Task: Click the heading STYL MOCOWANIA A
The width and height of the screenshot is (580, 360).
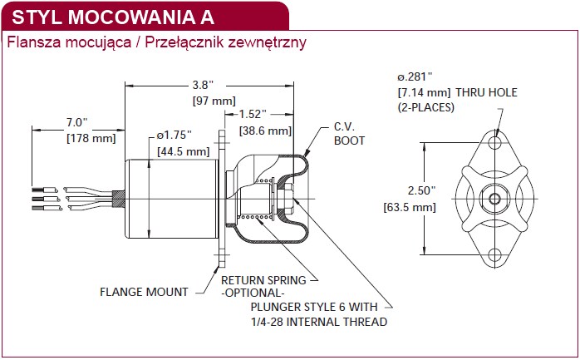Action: point(113,17)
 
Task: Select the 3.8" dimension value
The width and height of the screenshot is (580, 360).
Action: point(203,85)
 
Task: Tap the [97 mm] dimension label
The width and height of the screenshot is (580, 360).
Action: point(214,101)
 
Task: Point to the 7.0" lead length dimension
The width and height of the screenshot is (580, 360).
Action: point(77,122)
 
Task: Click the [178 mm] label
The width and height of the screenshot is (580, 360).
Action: point(91,138)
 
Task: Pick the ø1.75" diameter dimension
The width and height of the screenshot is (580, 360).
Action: point(174,135)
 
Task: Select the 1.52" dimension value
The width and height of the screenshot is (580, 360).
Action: point(253,114)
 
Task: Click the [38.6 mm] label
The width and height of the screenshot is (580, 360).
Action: point(266,131)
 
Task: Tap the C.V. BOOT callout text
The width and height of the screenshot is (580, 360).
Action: point(349,134)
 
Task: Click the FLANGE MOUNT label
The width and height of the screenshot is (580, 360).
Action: point(144,292)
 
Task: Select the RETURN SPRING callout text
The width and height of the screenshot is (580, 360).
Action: point(263,280)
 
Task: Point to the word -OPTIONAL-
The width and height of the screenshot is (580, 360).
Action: point(253,293)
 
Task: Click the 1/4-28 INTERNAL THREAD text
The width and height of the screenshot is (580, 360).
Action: point(319,322)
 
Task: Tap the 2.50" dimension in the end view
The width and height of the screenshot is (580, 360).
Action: point(421,190)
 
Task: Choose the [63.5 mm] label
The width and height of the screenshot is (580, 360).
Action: point(410,207)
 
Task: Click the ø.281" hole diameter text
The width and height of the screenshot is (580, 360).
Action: point(415,76)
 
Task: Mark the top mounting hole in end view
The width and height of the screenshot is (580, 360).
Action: point(494,142)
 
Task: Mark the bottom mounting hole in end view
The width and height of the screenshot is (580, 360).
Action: point(494,254)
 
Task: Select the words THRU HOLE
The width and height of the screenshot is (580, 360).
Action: point(486,92)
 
